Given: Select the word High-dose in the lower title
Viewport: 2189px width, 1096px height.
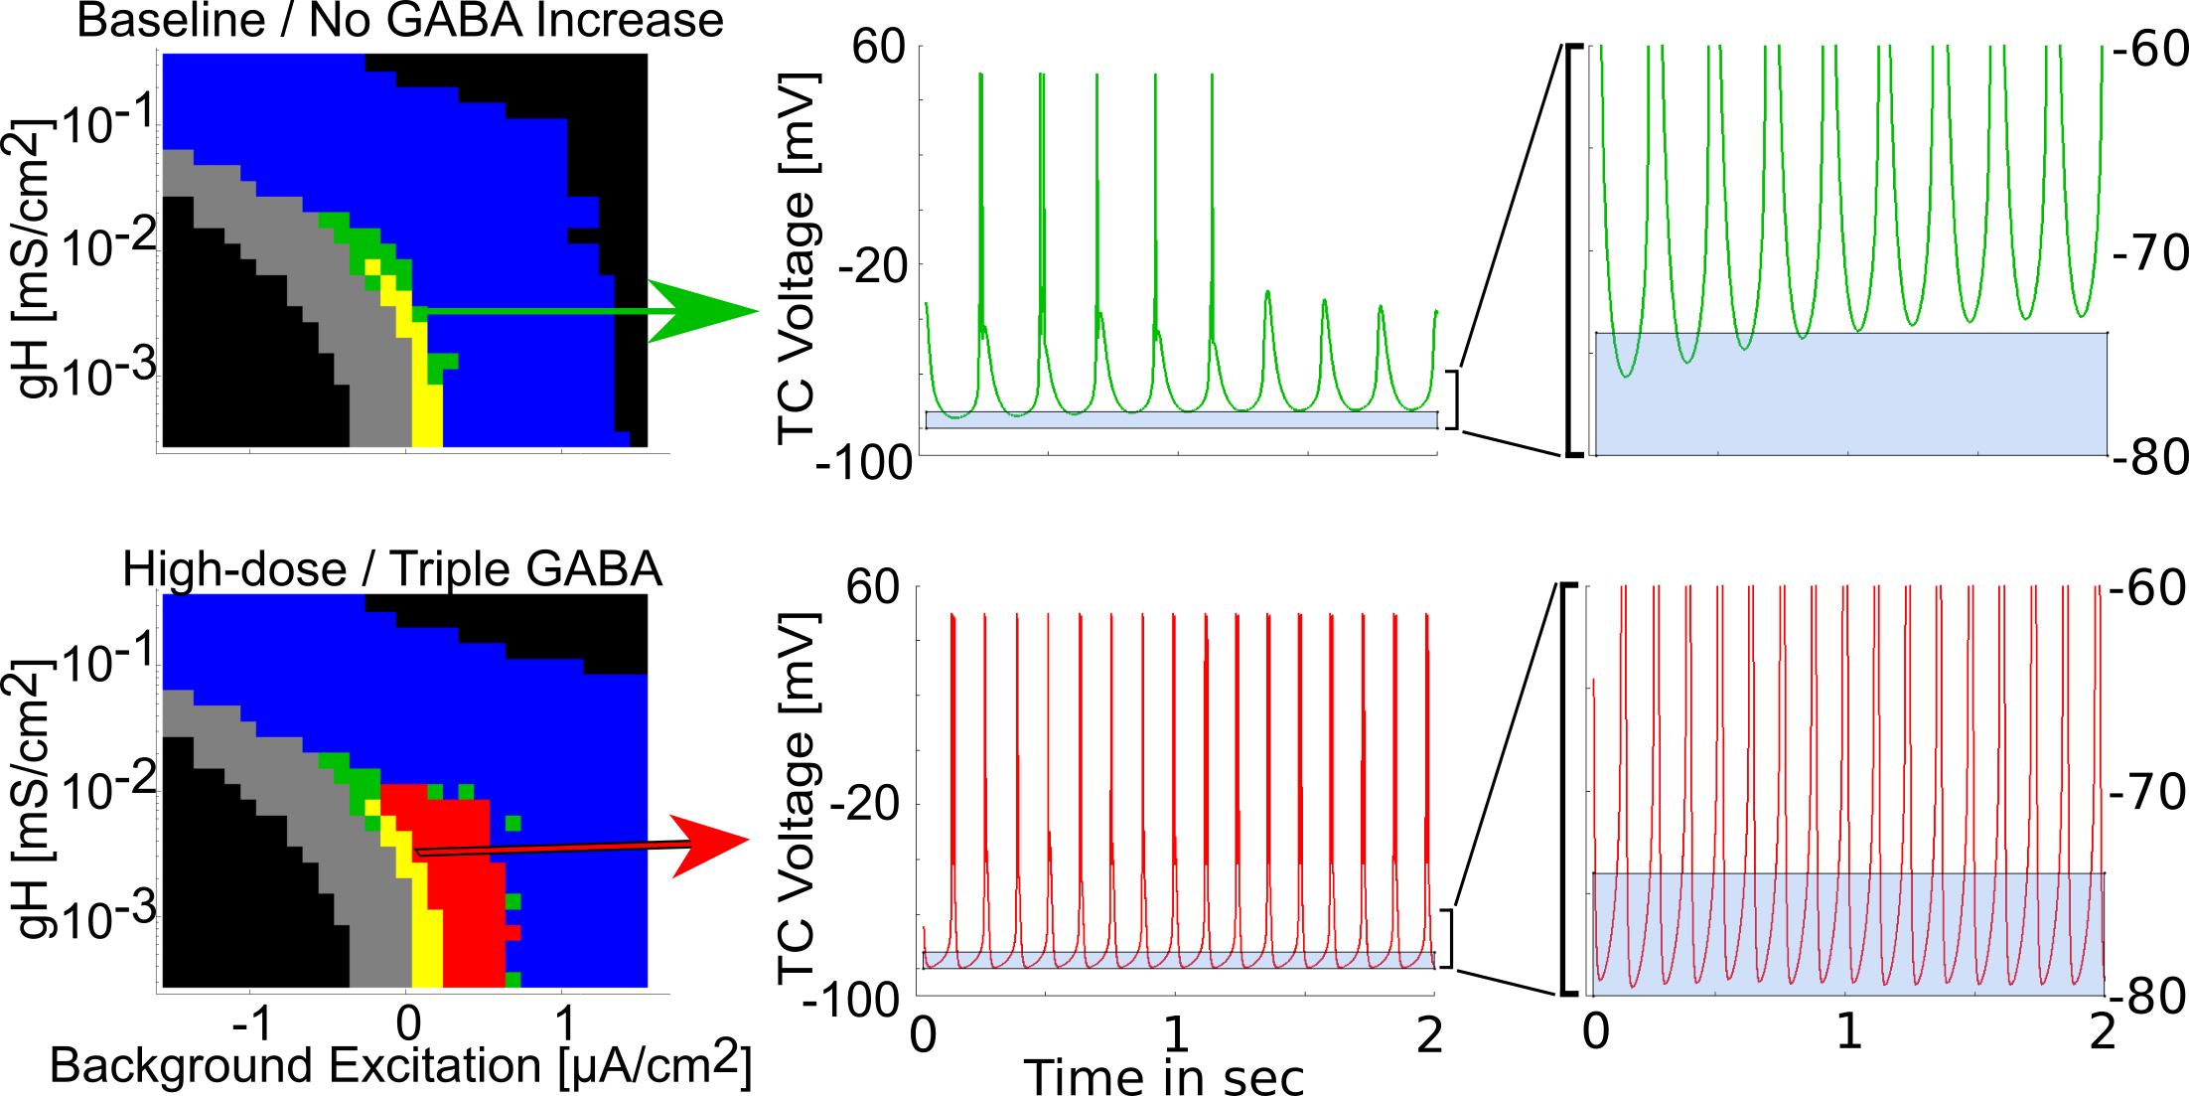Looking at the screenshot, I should [234, 570].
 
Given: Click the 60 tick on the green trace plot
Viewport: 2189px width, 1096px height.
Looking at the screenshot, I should [878, 47].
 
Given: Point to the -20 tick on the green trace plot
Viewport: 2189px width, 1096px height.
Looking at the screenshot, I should [873, 265].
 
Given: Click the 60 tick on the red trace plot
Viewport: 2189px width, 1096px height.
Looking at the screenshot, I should [872, 587].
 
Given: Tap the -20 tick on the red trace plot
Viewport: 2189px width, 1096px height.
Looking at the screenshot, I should [866, 803].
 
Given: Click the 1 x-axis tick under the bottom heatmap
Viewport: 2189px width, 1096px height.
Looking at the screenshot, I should [565, 1023].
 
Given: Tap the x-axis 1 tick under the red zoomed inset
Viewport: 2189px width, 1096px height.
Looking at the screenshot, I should [1848, 1031].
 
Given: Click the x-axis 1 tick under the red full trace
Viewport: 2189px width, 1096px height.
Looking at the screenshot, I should [1176, 1033].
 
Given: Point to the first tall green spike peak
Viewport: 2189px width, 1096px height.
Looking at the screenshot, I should [980, 76].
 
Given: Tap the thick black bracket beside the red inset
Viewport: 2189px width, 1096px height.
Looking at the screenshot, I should [1564, 789].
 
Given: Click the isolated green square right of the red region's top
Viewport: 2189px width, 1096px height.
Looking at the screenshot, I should [513, 823].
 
